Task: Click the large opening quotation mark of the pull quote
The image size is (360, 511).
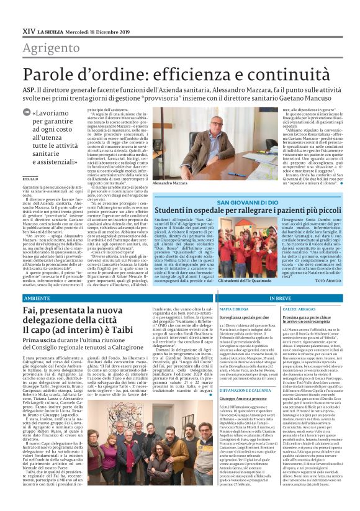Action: (35, 112)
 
